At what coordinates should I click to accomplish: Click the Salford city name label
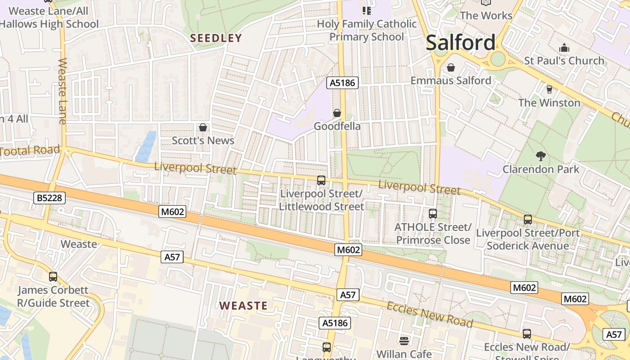click(x=460, y=43)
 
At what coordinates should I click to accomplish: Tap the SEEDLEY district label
click(x=216, y=38)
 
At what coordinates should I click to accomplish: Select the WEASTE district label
click(x=243, y=306)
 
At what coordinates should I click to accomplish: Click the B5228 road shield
click(x=49, y=198)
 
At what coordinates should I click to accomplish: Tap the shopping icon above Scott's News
click(x=203, y=128)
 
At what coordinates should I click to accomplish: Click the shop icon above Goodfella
click(x=337, y=113)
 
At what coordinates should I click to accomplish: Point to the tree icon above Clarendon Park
click(x=540, y=156)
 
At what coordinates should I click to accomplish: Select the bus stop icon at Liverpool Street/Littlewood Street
click(x=321, y=180)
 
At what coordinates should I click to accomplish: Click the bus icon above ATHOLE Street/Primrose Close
click(x=432, y=214)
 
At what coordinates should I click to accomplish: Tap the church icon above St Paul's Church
click(x=564, y=48)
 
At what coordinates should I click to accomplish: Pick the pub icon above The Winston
click(x=549, y=90)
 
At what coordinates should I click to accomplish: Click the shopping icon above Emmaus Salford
click(x=450, y=67)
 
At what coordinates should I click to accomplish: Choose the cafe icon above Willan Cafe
click(x=404, y=341)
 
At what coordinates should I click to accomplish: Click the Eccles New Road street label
click(x=430, y=314)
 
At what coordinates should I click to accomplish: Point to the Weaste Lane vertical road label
click(x=62, y=91)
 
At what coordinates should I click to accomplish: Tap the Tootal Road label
click(x=30, y=151)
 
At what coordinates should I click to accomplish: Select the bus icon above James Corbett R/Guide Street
click(x=53, y=277)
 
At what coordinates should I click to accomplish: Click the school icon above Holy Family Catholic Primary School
click(x=366, y=10)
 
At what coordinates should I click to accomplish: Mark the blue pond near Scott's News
click(x=146, y=147)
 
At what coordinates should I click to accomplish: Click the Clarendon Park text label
click(x=540, y=169)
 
